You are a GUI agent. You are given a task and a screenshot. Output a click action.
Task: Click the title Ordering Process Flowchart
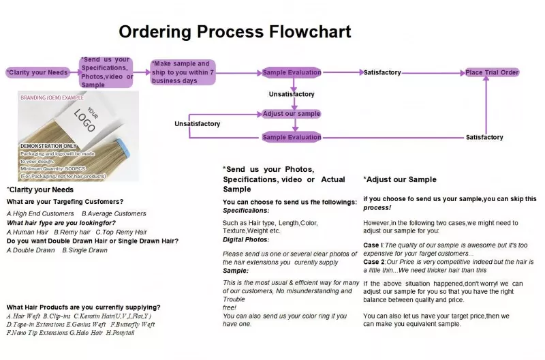pos(235,31)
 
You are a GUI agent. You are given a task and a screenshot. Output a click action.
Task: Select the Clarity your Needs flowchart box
pos(37,72)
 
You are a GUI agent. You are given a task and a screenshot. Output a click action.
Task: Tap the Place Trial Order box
pos(492,72)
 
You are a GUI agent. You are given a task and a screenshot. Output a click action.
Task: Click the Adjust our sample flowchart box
pos(292,114)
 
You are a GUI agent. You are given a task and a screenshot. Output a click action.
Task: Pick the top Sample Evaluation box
pos(292,72)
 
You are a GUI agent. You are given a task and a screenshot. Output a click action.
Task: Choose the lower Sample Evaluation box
pos(292,137)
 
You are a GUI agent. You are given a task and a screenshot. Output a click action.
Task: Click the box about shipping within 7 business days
pos(183,72)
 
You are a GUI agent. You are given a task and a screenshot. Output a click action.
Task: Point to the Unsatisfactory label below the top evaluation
pos(292,94)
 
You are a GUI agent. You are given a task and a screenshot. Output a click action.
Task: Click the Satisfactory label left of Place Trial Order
pos(382,72)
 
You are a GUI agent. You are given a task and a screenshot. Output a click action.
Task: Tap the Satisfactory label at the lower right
pos(484,137)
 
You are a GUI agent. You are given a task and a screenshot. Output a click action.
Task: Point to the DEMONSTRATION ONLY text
pos(49,147)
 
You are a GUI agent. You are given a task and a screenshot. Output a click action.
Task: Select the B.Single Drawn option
pos(85,250)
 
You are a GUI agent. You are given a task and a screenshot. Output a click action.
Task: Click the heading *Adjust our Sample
pos(400,179)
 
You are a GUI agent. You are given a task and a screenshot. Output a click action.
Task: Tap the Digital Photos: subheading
pos(246,239)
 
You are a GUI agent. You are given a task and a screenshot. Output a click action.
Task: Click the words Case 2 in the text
pos(373,262)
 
